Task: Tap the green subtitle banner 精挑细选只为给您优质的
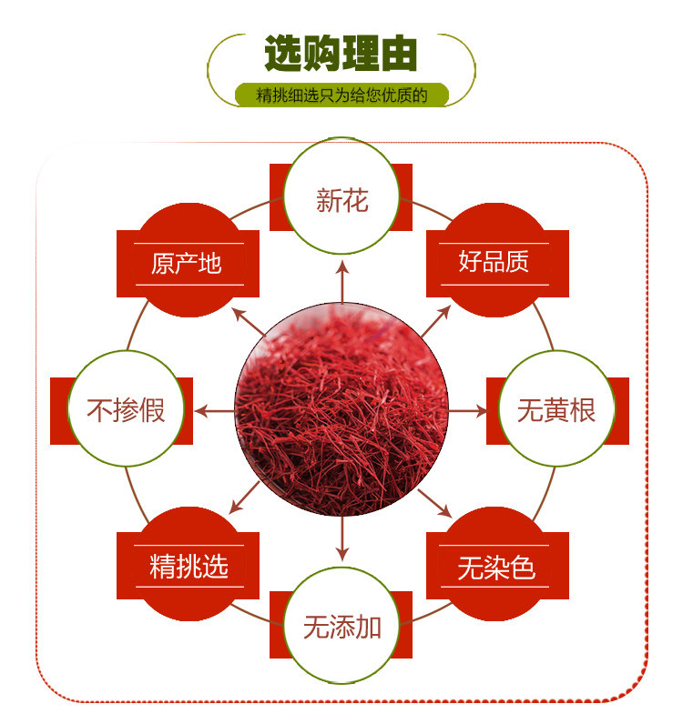[341, 95]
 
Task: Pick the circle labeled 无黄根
[556, 410]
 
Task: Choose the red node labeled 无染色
[496, 568]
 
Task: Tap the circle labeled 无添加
[341, 626]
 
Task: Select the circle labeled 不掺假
[127, 410]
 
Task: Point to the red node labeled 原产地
[187, 263]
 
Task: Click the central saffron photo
[341, 411]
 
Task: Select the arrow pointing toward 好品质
[435, 319]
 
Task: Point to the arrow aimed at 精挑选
[248, 502]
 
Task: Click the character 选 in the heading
[284, 55]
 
